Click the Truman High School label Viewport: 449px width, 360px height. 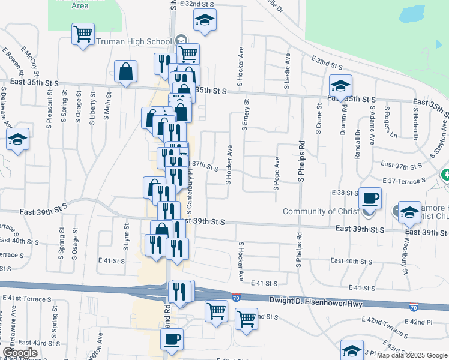tap(134, 41)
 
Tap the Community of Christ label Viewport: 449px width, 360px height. tap(318, 211)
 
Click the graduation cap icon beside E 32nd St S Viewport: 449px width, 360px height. tap(205, 20)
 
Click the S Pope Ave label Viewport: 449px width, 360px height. tap(277, 173)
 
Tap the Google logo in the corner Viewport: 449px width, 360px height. tap(20, 353)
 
